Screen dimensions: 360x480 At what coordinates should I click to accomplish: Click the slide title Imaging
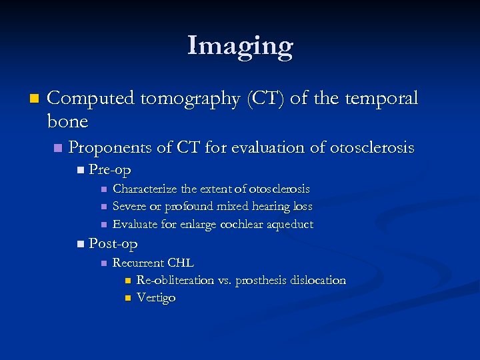click(240, 46)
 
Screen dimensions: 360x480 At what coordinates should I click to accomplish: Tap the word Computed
click(91, 99)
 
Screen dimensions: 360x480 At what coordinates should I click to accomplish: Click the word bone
click(67, 121)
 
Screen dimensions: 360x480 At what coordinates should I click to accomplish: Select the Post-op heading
click(113, 244)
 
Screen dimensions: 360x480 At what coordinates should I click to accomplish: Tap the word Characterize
click(145, 189)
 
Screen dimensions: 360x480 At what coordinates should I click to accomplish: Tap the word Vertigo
click(156, 298)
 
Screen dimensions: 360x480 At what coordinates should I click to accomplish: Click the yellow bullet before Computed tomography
click(35, 99)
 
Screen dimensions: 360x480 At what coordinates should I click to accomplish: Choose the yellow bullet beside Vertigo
click(127, 298)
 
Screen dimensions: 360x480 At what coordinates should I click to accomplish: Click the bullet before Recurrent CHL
click(103, 263)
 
